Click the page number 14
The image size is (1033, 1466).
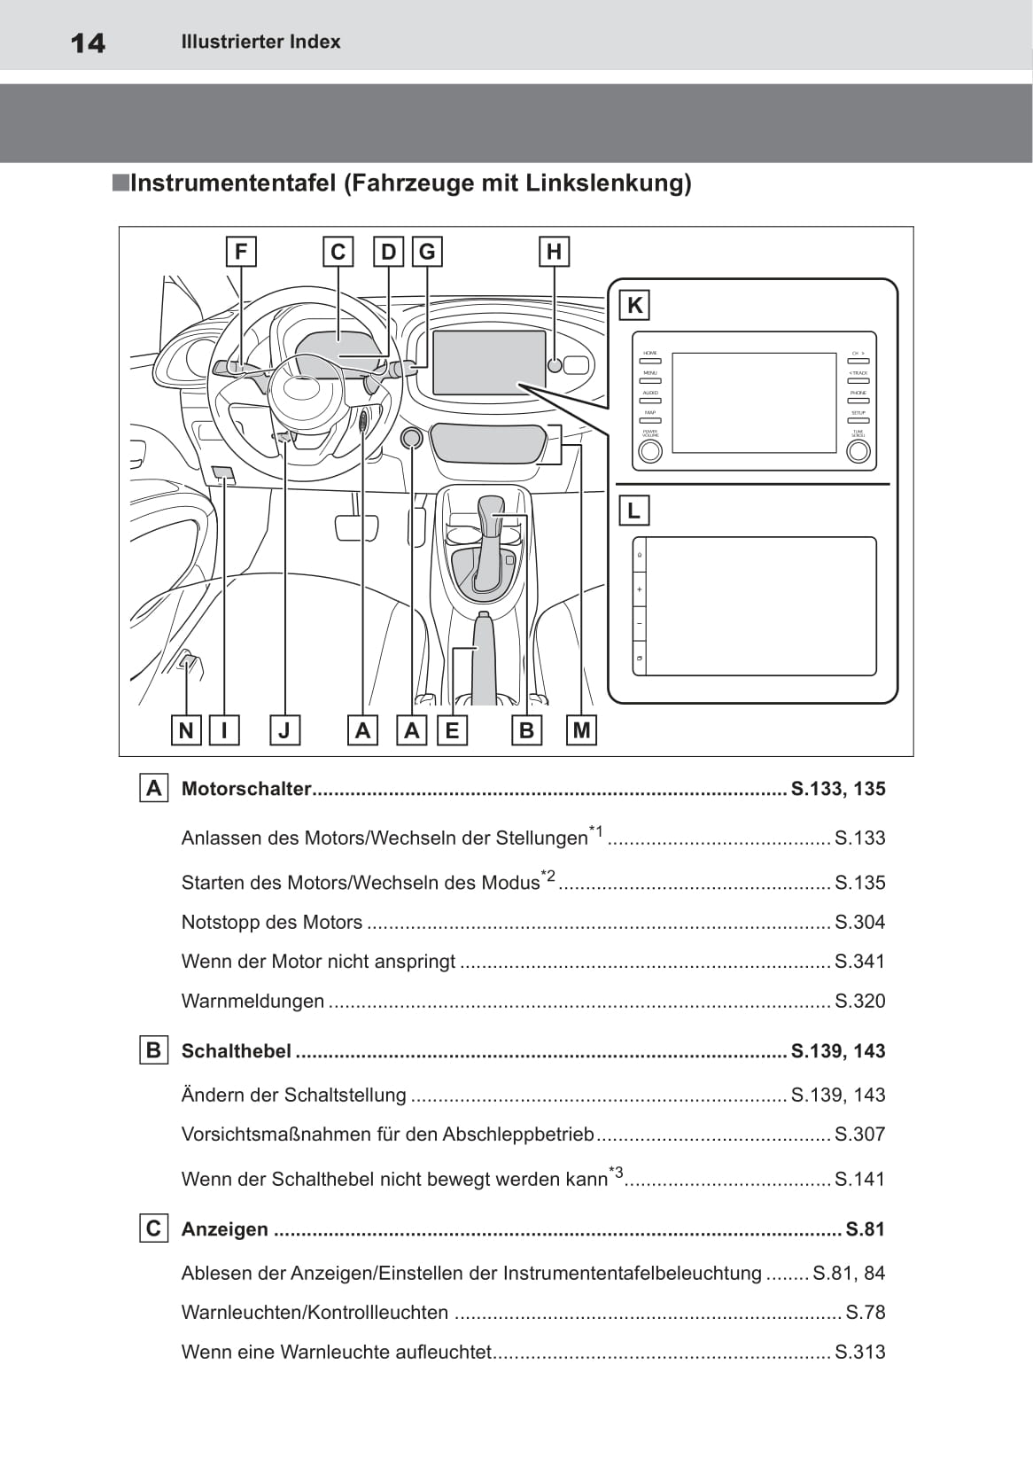(88, 43)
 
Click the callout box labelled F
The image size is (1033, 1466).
(241, 252)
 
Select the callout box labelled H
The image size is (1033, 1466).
(554, 252)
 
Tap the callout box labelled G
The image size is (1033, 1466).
(427, 252)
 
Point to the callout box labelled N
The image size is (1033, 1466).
(186, 730)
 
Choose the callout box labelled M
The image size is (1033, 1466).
(581, 730)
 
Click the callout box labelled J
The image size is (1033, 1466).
(284, 730)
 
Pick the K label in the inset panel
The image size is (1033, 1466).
(634, 306)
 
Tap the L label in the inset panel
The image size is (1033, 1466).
(633, 511)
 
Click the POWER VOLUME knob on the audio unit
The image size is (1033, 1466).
(650, 451)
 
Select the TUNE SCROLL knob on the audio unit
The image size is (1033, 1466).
(858, 451)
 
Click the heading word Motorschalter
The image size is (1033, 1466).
(246, 789)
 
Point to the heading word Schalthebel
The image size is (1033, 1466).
(236, 1051)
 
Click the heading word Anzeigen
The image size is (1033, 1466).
(224, 1229)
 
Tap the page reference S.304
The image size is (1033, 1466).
(859, 922)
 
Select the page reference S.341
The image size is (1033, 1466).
(859, 961)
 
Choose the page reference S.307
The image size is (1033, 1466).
(859, 1134)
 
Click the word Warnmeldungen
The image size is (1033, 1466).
(252, 1001)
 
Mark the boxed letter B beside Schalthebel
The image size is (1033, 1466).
(153, 1050)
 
